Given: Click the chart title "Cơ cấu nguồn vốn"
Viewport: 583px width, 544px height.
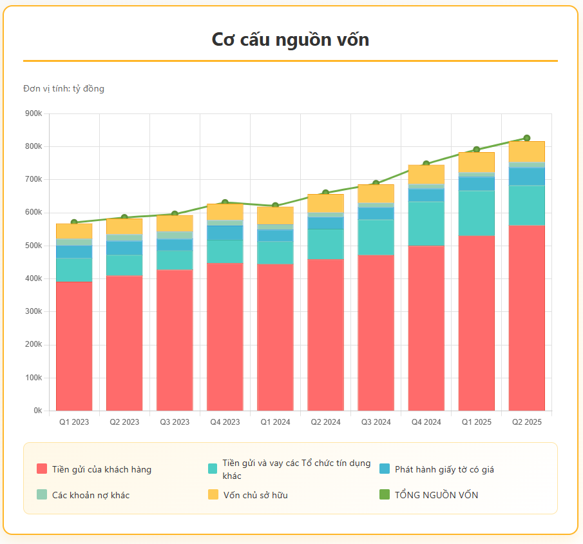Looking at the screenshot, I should tap(291, 39).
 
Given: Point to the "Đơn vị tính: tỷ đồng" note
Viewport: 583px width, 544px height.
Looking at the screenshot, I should tap(64, 88).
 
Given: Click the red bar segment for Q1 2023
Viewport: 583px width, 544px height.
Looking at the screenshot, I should tap(74, 345).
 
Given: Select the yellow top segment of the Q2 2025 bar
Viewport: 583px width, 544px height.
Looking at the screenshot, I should tap(526, 151).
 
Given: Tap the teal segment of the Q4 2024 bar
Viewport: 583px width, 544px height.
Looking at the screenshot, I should tap(426, 223).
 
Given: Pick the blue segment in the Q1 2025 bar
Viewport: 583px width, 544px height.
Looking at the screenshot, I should tap(476, 184).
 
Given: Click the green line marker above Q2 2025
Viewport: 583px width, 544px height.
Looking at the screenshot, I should tap(526, 138).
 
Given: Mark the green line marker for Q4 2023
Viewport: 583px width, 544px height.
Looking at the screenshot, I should tap(225, 203).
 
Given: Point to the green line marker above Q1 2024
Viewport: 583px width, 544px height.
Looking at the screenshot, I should tap(275, 206).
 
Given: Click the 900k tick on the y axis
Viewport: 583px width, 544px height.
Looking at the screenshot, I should tap(33, 113).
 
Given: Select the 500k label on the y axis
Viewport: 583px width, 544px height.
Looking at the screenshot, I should tap(33, 246).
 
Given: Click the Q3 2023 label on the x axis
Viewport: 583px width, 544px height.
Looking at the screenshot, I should tap(175, 422).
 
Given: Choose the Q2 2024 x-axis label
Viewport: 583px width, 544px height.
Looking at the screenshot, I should tap(325, 422).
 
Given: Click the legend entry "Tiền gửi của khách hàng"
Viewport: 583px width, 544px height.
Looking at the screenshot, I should tap(102, 469).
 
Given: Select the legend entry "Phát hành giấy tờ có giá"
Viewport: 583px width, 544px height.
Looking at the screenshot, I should tap(444, 469).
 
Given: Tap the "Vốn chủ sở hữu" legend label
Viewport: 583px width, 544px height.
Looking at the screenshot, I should tap(255, 495).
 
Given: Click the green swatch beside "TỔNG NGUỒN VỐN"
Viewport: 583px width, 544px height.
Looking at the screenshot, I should tap(385, 495).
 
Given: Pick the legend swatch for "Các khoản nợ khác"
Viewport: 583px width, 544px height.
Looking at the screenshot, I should tap(42, 495).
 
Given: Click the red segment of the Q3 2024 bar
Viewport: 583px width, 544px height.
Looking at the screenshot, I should tap(376, 332).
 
